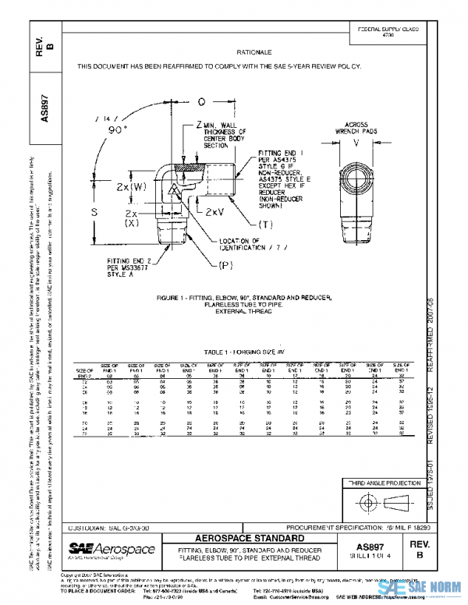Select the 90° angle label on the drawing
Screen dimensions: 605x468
(x=119, y=131)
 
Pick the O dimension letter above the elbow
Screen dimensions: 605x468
(x=200, y=101)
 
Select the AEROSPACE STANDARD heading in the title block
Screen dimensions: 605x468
(x=251, y=539)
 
